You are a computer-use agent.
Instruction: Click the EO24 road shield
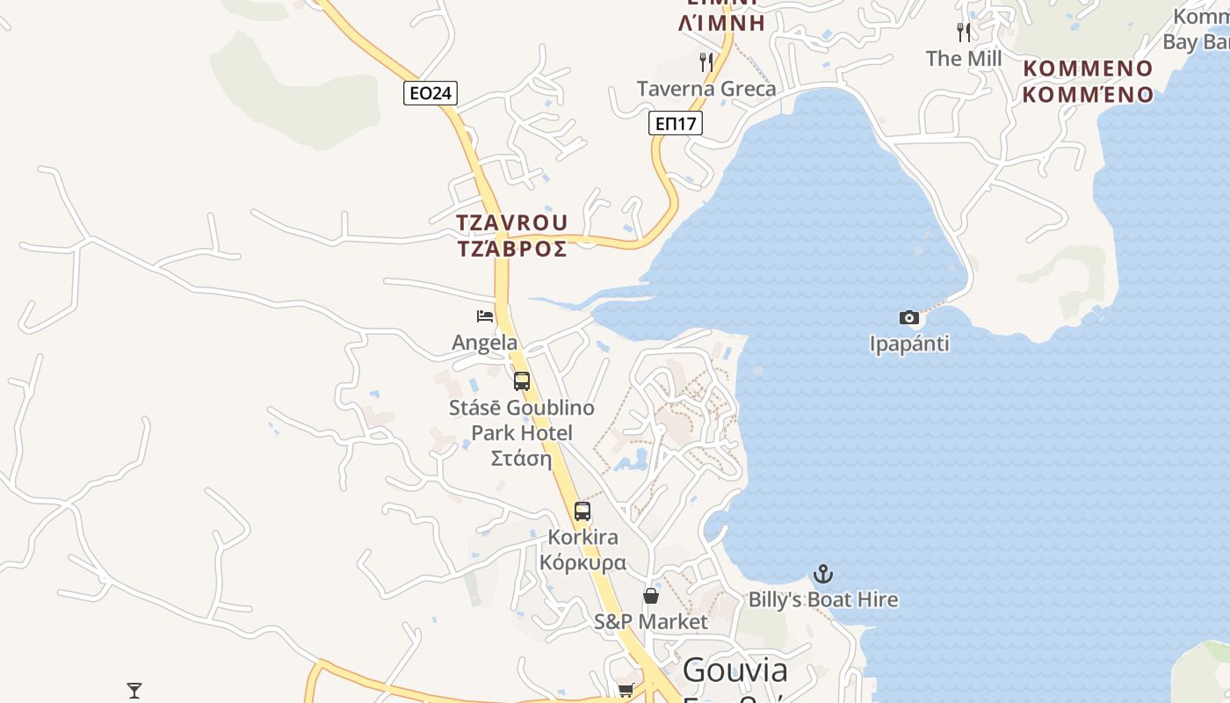coord(430,93)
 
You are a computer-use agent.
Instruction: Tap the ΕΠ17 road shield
coord(676,124)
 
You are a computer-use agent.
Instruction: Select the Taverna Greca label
coord(706,89)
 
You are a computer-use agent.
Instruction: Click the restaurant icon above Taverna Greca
coord(706,62)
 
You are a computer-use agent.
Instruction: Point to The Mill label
coord(964,59)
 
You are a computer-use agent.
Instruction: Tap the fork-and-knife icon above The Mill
coord(964,33)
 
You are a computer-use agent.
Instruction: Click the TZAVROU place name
coord(512,223)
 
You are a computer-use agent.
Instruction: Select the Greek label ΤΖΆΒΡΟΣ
coord(512,249)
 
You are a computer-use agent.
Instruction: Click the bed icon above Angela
coord(485,316)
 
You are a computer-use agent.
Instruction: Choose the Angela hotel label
coord(485,343)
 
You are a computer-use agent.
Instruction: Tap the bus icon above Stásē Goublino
coord(522,381)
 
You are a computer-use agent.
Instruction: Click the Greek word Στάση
coord(521,458)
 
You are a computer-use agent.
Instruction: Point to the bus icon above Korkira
coord(582,511)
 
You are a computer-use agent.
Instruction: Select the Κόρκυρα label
coord(582,562)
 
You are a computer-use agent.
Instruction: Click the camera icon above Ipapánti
coord(909,317)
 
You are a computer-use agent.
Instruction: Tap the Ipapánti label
coord(909,344)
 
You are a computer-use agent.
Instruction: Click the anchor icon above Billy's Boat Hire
coord(823,575)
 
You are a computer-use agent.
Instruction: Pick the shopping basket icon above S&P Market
coord(651,596)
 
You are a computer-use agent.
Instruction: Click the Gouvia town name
coord(734,670)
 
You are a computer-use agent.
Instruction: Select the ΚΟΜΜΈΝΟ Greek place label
coord(1088,94)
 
